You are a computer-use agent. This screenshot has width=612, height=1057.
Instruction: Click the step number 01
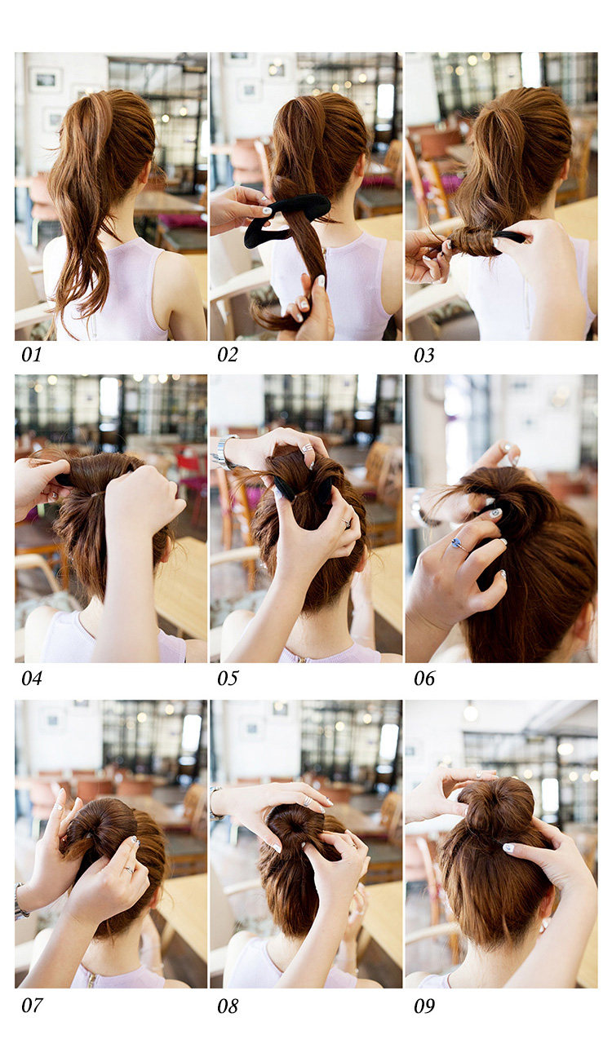point(32,355)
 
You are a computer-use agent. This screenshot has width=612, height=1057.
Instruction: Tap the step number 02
point(228,355)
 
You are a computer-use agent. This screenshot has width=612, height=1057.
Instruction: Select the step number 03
point(424,356)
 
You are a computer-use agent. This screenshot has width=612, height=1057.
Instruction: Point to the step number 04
point(32,679)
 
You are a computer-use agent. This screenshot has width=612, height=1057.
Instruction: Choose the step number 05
point(228,679)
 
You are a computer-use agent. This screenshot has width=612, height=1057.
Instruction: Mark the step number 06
point(424,679)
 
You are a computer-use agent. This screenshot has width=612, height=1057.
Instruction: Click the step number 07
point(32,1005)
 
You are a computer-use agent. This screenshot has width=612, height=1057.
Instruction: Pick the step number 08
point(228,1006)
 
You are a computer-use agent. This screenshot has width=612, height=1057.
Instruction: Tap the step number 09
point(424,1006)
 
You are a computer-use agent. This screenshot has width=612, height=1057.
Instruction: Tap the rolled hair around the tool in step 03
point(470,241)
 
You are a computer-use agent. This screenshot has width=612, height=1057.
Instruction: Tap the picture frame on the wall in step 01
point(46,80)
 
